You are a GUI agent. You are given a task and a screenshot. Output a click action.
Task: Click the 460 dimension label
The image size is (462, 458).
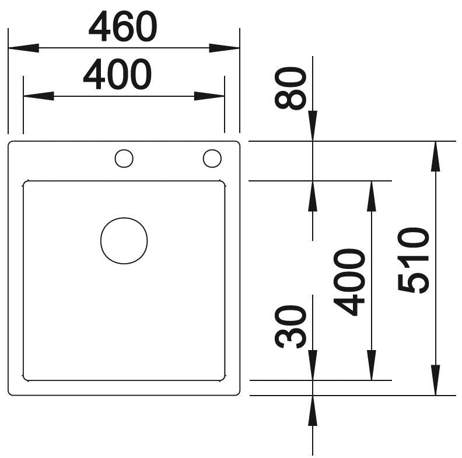[x=123, y=26]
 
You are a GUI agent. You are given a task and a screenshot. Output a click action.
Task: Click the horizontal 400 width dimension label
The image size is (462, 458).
[x=118, y=74]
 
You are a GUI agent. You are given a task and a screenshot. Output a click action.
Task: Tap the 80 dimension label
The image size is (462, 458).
[x=290, y=88]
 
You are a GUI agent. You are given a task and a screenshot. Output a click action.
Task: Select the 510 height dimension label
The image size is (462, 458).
[x=413, y=260]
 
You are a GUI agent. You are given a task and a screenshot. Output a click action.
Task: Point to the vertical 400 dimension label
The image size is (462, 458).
[x=349, y=282]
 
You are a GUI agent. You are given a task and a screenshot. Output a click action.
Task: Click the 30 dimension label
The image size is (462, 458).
[x=290, y=327]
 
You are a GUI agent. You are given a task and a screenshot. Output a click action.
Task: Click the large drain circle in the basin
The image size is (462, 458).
[x=124, y=240]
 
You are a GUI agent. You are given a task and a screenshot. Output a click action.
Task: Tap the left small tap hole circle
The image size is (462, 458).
[x=124, y=159]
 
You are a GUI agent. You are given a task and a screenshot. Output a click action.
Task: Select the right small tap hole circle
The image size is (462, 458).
[x=212, y=158]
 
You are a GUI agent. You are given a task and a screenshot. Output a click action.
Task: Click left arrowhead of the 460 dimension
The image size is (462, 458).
[x=23, y=48]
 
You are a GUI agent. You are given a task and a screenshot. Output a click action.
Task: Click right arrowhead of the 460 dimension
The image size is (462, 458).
[x=224, y=48]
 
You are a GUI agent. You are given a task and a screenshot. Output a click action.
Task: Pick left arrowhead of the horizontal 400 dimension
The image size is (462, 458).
[x=38, y=96]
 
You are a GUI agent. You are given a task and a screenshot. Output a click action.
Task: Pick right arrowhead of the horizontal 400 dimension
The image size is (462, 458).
[x=209, y=96]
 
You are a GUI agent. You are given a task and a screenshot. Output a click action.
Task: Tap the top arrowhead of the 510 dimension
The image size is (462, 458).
[x=436, y=156]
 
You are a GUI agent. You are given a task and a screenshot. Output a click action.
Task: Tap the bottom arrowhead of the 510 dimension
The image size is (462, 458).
[x=436, y=380]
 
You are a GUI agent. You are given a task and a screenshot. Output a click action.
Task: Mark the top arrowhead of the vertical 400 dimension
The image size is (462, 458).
[x=372, y=196]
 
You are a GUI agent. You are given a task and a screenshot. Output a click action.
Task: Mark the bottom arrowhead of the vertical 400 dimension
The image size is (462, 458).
[x=372, y=365]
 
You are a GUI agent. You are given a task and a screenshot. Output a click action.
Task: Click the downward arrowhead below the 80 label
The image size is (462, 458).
[x=313, y=126]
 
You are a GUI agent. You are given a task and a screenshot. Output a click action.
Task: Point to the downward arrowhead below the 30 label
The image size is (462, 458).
[x=313, y=365]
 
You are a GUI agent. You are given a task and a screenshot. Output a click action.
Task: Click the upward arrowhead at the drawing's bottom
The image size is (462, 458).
[x=313, y=411]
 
